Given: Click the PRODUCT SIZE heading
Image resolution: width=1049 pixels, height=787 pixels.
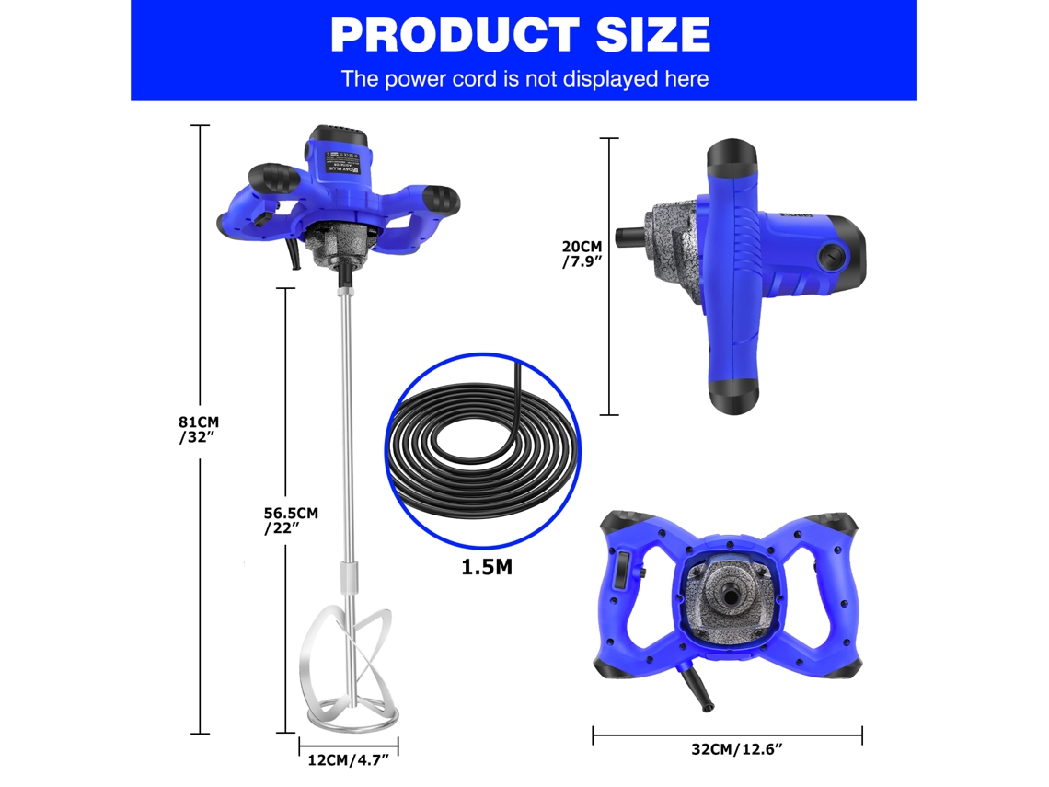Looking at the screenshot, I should tap(520, 35).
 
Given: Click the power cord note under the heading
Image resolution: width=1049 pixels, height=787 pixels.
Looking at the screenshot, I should tap(524, 78).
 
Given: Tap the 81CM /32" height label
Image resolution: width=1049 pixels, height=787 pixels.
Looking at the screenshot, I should tap(199, 429).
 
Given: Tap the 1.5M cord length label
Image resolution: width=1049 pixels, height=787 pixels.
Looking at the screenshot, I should tap(487, 566).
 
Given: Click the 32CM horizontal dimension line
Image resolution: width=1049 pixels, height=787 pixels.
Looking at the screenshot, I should tap(727, 734).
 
